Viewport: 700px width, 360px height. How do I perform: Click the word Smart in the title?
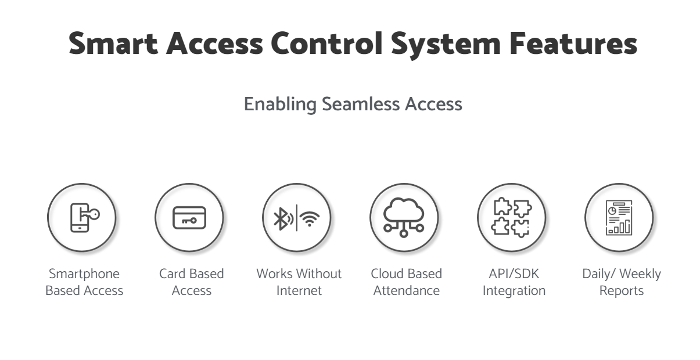[113, 44]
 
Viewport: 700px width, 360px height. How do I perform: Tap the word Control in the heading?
[326, 43]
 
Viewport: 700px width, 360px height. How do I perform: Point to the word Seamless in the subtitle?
[361, 104]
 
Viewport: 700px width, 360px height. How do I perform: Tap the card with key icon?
[189, 218]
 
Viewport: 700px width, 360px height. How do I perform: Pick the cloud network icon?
[404, 217]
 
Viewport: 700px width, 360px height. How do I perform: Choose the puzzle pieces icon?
[512, 217]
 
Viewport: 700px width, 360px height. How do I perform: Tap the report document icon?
[619, 218]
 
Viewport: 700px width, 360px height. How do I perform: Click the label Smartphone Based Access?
[84, 282]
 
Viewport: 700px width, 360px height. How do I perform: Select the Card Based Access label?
[192, 282]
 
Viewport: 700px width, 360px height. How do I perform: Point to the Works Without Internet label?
[299, 282]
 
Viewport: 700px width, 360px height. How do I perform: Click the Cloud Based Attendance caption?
[407, 282]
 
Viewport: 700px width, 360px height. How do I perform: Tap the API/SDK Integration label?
[514, 282]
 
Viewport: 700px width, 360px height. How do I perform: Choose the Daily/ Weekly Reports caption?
[622, 282]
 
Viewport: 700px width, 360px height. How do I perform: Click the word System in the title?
[446, 45]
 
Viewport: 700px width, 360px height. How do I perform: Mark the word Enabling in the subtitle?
[281, 104]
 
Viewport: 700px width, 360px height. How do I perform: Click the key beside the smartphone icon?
[90, 214]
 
